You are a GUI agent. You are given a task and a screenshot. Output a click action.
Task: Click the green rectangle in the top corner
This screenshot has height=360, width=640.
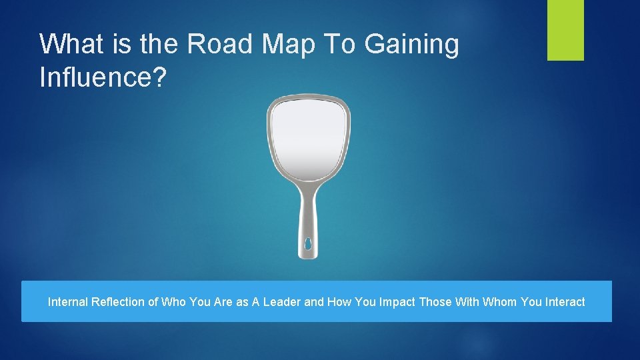pos(565,30)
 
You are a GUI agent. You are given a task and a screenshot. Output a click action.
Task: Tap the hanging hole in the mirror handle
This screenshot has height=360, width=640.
pos(308,245)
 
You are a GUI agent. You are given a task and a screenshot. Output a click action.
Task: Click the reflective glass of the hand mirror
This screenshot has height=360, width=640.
pos(308,140)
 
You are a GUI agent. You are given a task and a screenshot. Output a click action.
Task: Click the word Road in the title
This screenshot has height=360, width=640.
pos(221,44)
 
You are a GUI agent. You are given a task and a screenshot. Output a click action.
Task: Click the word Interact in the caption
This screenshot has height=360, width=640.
pos(565,302)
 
